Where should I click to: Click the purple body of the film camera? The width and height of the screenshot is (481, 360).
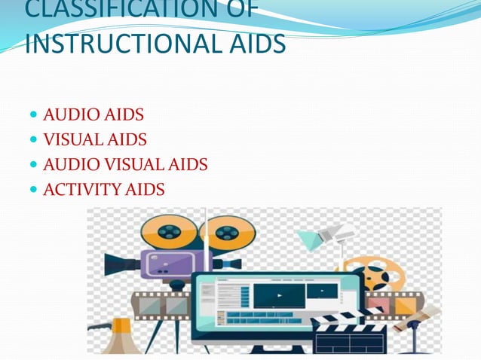pyautogui.click(x=167, y=263)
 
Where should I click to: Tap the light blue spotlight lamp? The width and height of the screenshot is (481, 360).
pyautogui.click(x=311, y=239)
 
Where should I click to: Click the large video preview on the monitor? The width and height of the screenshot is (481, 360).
pyautogui.click(x=279, y=294)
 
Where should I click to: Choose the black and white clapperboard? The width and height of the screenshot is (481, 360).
pyautogui.click(x=348, y=332)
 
